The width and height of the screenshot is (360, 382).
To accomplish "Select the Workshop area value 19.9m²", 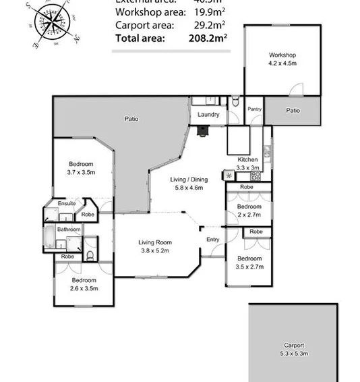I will (x=209, y=12).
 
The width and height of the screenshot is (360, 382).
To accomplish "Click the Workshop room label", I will (x=282, y=59).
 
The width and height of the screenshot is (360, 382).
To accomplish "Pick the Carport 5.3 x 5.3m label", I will (x=294, y=349).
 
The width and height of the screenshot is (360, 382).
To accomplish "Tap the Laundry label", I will (x=208, y=115).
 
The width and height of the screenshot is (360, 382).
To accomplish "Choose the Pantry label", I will (x=254, y=109).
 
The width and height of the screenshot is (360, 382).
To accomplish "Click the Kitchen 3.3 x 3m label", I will (x=247, y=163).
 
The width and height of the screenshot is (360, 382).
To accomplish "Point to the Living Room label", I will (x=155, y=246).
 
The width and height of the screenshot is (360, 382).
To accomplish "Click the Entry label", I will (x=213, y=240).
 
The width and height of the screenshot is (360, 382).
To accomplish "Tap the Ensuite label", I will (x=66, y=203).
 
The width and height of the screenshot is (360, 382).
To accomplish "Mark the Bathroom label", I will (x=68, y=229).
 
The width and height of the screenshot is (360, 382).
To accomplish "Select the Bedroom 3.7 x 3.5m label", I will (x=81, y=168).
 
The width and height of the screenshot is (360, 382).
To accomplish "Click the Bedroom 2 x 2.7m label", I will (x=248, y=211).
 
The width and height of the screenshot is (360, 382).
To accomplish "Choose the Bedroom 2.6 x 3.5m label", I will (x=84, y=283).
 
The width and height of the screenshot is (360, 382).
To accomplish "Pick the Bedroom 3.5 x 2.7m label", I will (x=249, y=263).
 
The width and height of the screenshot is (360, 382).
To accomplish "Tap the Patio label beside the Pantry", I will (x=293, y=110).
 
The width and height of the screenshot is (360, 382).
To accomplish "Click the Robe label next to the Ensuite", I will (x=88, y=215).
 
